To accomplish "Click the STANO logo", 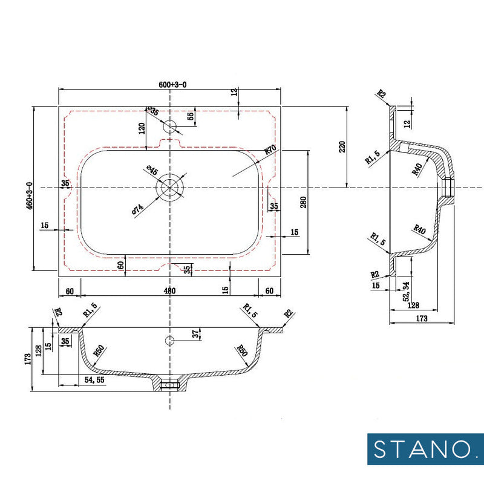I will coord(425,449).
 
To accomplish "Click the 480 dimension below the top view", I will coord(170,291).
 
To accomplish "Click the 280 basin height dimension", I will coord(304,202).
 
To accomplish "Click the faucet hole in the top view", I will coord(171,126).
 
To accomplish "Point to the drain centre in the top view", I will coord(171,188).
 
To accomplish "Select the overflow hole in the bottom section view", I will coord(170,339).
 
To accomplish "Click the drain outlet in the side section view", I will coord(448,188).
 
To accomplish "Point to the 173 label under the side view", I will coord(421,318).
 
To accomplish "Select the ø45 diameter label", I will coord(151,171).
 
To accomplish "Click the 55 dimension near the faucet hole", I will coord(191,116).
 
